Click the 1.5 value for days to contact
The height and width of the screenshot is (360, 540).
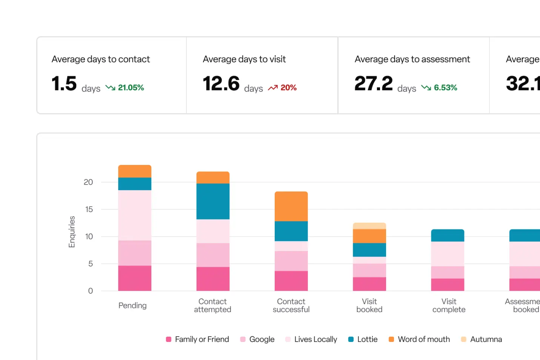(x=64, y=84)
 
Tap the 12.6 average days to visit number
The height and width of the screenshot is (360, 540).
(x=221, y=84)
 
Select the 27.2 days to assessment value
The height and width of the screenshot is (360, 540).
(x=374, y=84)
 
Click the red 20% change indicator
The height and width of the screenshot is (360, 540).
(x=288, y=88)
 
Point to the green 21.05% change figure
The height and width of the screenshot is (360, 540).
(x=131, y=88)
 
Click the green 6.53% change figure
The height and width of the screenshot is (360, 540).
(x=445, y=88)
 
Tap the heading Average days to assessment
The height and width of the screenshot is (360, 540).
(x=412, y=59)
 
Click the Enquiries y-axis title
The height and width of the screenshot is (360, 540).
(x=72, y=232)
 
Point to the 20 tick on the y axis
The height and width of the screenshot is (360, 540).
(x=88, y=182)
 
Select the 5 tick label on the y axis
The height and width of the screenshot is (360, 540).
(x=91, y=264)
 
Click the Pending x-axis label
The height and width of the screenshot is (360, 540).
(x=132, y=306)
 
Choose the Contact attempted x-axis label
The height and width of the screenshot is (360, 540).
(x=213, y=306)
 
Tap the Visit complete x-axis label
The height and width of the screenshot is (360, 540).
(x=449, y=306)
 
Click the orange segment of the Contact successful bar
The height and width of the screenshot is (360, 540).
(x=291, y=206)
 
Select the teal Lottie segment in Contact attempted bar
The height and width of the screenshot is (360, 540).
(x=213, y=201)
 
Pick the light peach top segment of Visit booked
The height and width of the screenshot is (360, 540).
(x=369, y=226)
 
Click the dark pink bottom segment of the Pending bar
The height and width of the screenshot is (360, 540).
(x=135, y=278)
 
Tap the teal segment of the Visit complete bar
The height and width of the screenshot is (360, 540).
(x=448, y=235)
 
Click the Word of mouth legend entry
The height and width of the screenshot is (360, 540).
(x=419, y=339)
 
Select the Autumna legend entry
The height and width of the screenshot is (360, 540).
(x=482, y=339)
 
